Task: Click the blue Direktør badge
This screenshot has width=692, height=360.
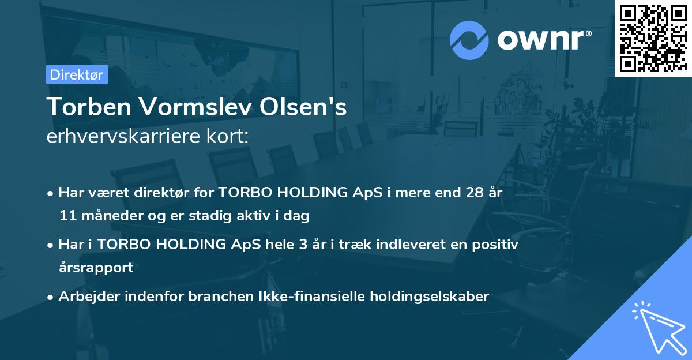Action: [77, 74]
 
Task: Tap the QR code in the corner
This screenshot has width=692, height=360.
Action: [653, 38]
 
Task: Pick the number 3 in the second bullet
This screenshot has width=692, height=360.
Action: [302, 244]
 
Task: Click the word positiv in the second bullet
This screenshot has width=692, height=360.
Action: [497, 244]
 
